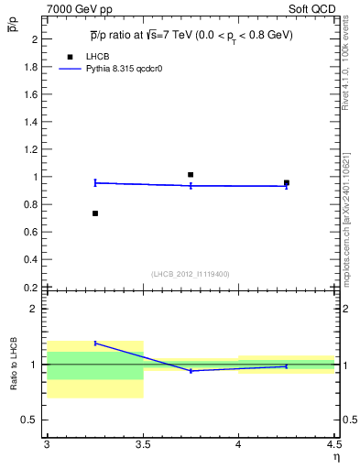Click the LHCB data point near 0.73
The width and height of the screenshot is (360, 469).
click(95, 213)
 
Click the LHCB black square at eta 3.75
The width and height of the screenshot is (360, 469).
click(191, 174)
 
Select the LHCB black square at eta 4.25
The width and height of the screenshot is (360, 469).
click(287, 182)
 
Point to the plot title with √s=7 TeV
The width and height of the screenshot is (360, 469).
click(191, 35)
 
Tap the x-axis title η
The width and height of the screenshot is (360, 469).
click(335, 456)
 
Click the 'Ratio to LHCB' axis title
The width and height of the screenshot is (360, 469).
click(14, 365)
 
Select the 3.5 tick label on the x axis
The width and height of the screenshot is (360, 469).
click(143, 445)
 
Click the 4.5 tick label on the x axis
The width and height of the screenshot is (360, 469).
click(334, 445)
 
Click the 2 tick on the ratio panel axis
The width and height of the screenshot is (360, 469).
click(38, 309)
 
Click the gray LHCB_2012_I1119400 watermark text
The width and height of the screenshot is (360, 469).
click(191, 274)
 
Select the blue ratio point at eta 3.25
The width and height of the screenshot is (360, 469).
click(95, 343)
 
